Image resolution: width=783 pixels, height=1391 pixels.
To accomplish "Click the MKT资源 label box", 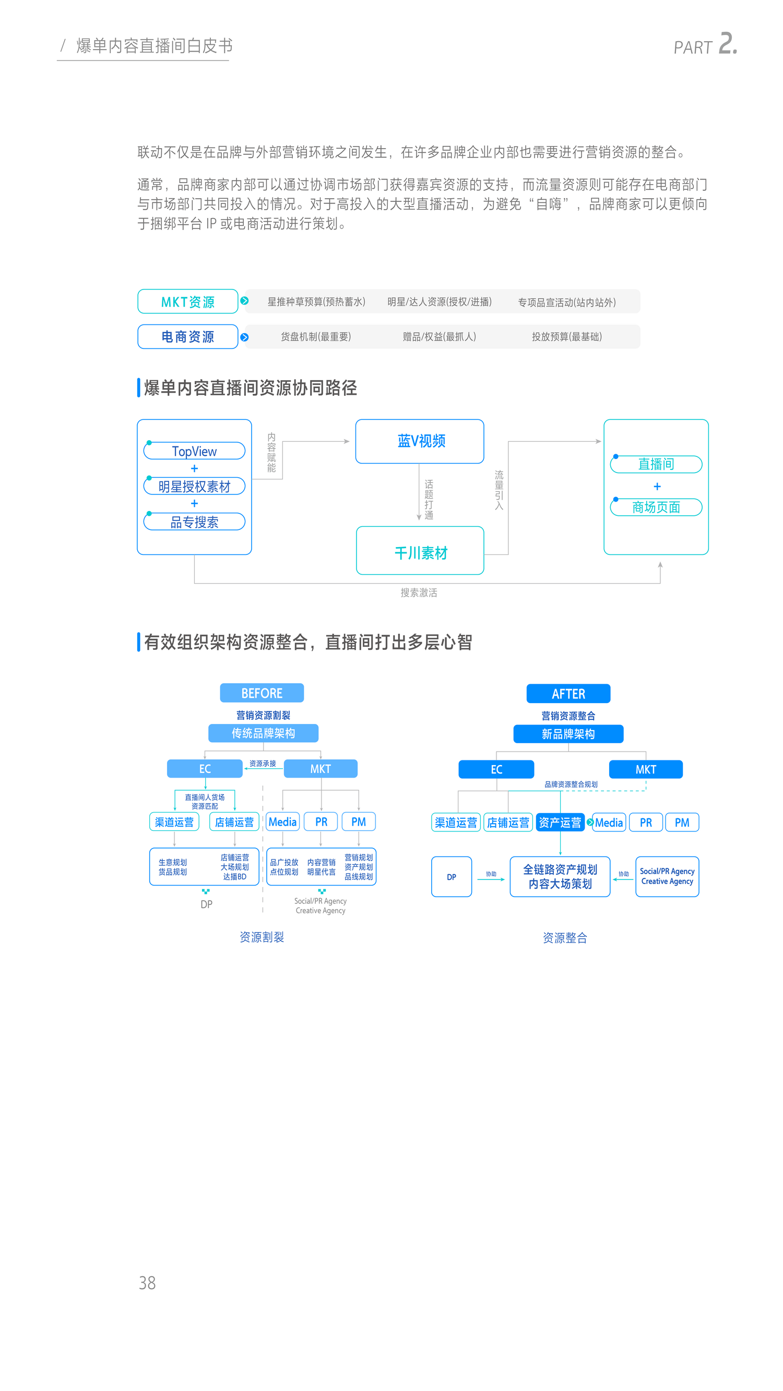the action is [x=187, y=301].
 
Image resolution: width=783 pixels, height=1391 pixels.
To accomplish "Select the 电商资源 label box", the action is [x=187, y=336].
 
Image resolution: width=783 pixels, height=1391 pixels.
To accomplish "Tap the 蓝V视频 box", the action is [x=420, y=441].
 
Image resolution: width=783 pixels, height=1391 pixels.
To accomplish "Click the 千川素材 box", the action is [x=420, y=550].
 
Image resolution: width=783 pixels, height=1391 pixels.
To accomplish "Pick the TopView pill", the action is [x=194, y=451].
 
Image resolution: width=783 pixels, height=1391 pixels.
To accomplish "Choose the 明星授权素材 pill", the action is [x=194, y=486].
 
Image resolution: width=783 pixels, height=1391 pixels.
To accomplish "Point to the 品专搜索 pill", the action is [x=194, y=522].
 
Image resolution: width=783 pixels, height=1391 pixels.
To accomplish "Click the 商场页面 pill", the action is [x=656, y=507].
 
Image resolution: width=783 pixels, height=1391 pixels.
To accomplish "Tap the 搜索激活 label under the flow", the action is [x=419, y=592].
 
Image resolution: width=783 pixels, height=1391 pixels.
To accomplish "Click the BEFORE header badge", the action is [x=262, y=693].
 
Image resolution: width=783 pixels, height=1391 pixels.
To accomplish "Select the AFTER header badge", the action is [x=568, y=693].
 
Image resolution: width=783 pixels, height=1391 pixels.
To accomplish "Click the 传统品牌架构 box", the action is [x=263, y=733].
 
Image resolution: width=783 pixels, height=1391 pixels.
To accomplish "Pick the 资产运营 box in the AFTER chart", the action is [x=560, y=822].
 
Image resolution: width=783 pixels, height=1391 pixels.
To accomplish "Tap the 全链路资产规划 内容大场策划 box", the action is [x=560, y=876].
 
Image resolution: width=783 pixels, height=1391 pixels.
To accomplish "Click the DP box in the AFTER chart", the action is [x=451, y=876].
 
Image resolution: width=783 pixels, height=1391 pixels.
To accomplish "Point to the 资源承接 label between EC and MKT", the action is [x=263, y=763].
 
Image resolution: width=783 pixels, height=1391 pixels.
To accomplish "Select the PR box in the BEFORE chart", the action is [x=321, y=822].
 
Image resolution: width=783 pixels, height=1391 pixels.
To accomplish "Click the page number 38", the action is [x=147, y=1283].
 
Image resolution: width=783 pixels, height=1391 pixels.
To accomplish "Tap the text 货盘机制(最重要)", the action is [x=316, y=336].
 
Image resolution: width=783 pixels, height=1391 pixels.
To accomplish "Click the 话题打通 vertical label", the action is [x=429, y=500].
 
